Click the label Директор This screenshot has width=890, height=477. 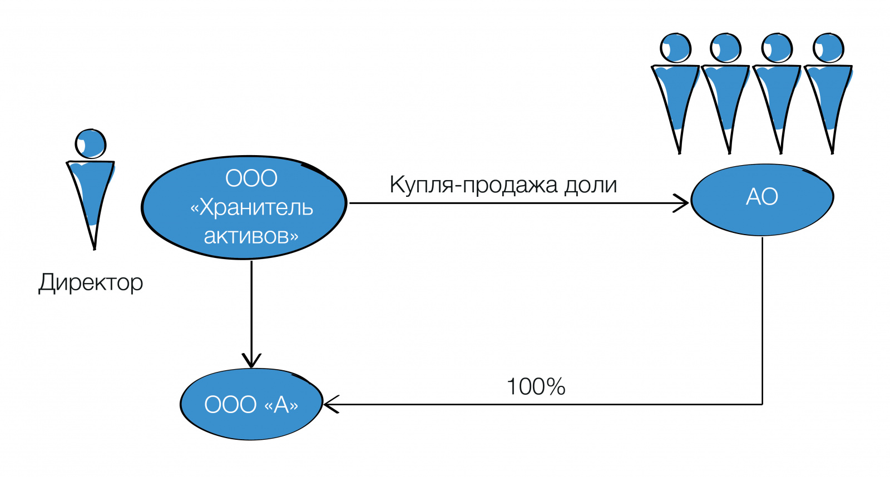(x=91, y=282)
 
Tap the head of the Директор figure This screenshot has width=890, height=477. (x=91, y=143)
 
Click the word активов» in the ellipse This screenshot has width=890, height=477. (x=251, y=236)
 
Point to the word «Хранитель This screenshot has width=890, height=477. (x=251, y=207)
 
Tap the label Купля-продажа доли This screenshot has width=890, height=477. (x=503, y=185)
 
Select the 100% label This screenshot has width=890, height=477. (x=536, y=387)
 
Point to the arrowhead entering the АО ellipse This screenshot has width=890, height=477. (x=683, y=203)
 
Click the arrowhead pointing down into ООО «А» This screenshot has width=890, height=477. (x=251, y=361)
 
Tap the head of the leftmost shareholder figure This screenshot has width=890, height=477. (x=675, y=48)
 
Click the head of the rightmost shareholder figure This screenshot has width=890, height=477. (x=828, y=48)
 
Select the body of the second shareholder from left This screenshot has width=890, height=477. (x=725, y=100)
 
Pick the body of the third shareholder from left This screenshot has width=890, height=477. (x=777, y=100)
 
